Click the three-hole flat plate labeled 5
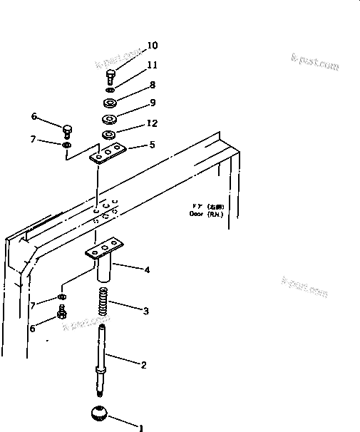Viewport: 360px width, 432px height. tap(108, 152)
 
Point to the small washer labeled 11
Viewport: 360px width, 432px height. tap(110, 91)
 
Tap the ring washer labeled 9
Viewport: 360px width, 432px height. tap(110, 118)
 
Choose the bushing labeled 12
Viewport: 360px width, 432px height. tap(109, 134)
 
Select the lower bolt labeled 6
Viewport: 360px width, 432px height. tap(63, 312)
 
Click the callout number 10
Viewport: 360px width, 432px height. tap(152, 46)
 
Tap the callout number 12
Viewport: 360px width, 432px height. tap(152, 123)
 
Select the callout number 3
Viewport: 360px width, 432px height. tap(147, 311)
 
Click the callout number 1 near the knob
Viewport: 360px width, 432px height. tap(141, 428)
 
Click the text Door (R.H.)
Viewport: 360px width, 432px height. tap(205, 213)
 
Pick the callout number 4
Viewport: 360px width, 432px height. tap(147, 270)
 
